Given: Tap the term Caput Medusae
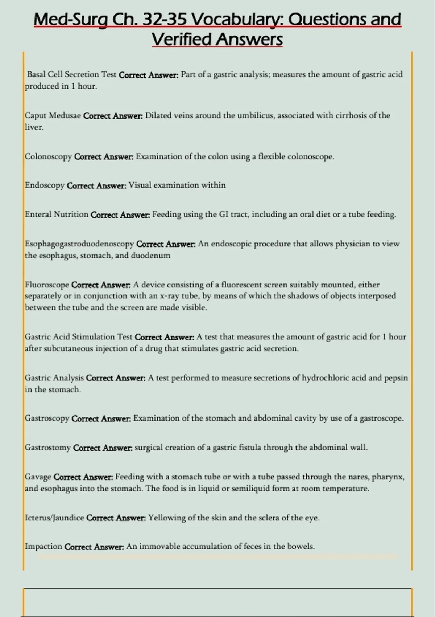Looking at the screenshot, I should pos(53,116).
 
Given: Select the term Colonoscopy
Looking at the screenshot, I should pos(48,157).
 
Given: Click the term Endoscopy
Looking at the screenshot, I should pos(45,185).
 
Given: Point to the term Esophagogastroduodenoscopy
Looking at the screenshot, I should pos(79,244).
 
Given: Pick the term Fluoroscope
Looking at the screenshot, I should pos(47,285).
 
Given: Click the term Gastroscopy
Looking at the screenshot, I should pos(47,418).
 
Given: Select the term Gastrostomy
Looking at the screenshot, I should pos(47,448).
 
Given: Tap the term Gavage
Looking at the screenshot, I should pos(38,477).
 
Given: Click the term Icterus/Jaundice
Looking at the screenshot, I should pos(54,518).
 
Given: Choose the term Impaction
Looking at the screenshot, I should pos(43,547).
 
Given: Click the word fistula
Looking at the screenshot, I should pos(250,448).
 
